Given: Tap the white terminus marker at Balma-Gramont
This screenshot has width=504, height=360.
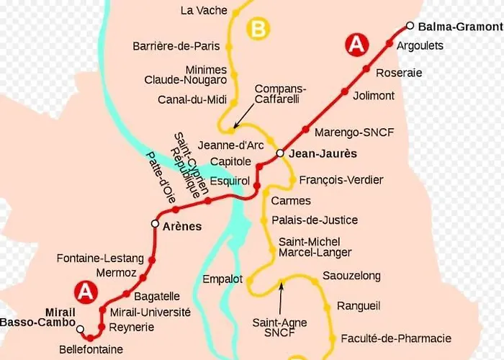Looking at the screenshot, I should click(410, 26).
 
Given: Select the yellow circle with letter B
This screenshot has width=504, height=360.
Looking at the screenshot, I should click(258, 30).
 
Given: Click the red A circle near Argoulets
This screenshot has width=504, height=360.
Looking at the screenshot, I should click(356, 45).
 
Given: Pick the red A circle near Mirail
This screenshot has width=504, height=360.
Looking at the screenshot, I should click(86, 292).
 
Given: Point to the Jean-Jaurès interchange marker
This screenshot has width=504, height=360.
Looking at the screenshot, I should click(280, 153).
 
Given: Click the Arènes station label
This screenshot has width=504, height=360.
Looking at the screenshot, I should click(182, 226).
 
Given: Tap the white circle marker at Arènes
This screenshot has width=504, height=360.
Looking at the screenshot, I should click(155, 224).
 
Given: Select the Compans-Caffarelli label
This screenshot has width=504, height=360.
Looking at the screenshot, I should click(276, 94).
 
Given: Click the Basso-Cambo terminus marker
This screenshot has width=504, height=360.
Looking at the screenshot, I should click(81, 330).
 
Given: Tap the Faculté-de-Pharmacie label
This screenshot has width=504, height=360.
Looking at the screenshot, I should click(396, 338).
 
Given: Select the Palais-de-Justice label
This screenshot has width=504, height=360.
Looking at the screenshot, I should click(314, 220).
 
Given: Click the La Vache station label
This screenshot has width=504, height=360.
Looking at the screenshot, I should click(204, 11).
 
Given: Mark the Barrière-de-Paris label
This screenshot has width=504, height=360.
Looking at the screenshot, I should click(176, 46).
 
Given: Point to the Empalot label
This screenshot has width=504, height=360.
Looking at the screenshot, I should click(223, 278).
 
